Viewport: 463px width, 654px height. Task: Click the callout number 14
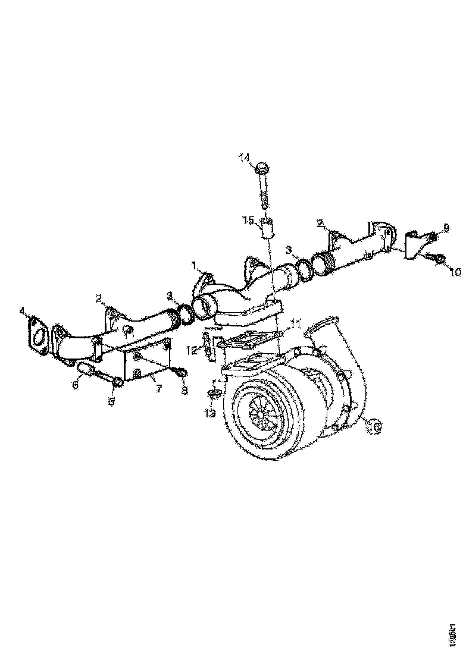pos(245,158)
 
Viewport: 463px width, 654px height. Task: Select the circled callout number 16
pos(374,426)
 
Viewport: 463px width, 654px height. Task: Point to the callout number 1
pos(194,263)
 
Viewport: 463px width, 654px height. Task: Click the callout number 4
pos(22,311)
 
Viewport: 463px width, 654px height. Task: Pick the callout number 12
pos(192,351)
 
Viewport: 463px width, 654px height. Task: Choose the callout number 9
pos(446,228)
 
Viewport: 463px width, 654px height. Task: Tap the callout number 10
pos(455,273)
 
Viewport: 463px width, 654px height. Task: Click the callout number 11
pos(296,325)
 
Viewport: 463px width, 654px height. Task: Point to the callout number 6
pos(76,385)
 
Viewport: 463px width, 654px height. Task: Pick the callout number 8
pos(184,390)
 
